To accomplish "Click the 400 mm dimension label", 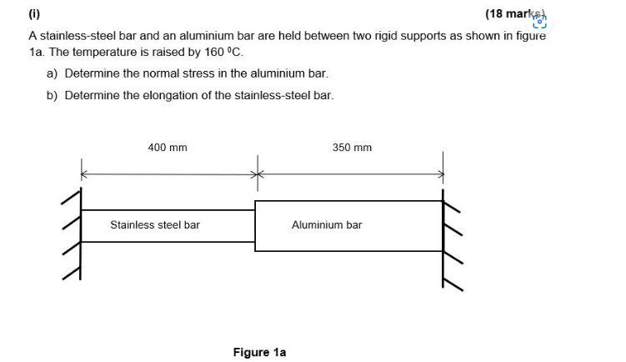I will click(x=168, y=148).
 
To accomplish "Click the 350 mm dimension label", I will click(x=352, y=148).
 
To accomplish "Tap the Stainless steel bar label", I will click(x=155, y=225).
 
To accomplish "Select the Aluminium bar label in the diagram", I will click(x=327, y=225).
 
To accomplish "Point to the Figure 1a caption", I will click(x=259, y=353).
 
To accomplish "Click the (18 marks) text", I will click(x=513, y=14).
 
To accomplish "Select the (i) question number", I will click(x=34, y=14).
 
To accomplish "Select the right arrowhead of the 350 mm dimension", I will click(x=439, y=174).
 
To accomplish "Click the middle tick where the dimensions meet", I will click(x=258, y=174).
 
